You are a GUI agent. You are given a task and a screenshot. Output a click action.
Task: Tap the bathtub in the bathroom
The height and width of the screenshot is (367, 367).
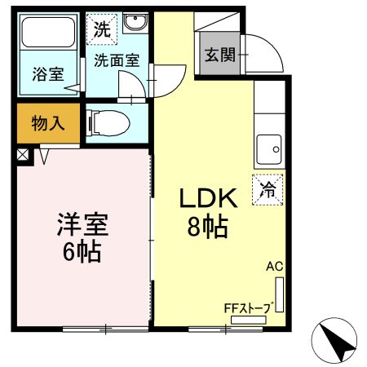47,33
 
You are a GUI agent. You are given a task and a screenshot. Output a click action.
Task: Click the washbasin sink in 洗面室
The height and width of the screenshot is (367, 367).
134,22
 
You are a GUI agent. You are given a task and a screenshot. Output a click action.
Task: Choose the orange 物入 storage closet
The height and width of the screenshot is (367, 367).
47,124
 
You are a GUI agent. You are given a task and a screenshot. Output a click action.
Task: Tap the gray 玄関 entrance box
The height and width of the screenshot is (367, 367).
219,55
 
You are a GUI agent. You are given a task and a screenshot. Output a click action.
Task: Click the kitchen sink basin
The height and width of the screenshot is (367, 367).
268,150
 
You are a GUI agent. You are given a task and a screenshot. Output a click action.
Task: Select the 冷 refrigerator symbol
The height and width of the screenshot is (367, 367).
268,191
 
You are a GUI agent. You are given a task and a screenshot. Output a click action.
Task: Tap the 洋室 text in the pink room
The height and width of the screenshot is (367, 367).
82,223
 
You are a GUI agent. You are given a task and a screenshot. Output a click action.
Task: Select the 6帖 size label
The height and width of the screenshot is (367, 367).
82,252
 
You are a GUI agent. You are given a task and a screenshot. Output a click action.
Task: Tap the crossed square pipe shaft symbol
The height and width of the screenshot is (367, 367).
22,153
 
